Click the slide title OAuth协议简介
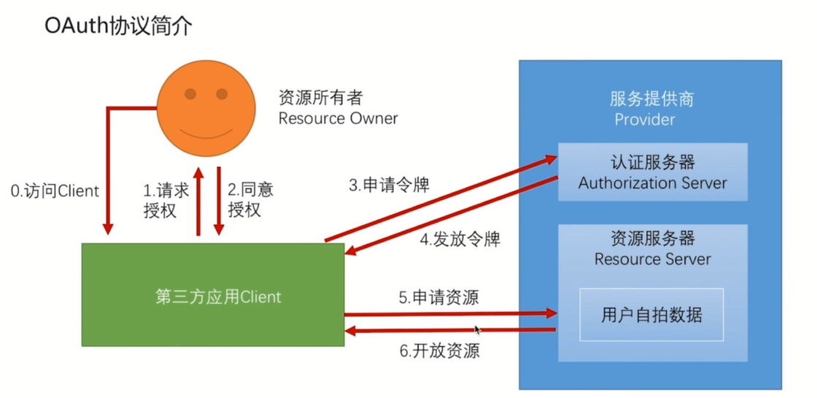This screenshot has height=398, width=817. pos(119,26)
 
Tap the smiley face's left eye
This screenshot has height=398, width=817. pos(190,93)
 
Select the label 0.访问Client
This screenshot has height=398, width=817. pos(55,191)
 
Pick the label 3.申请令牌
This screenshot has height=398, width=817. pos(388,185)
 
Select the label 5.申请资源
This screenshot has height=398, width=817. pos(438,297)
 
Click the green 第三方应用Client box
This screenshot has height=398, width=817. pos(212,296)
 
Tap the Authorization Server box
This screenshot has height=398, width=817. pos(652,172)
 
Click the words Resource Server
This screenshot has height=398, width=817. pos(652,259)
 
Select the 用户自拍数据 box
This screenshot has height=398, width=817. pos(651,315)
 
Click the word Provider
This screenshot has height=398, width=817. pos(644,119)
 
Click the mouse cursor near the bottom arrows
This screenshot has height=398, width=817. pos(477,329)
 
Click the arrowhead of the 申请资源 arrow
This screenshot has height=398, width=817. pos(552,313)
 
